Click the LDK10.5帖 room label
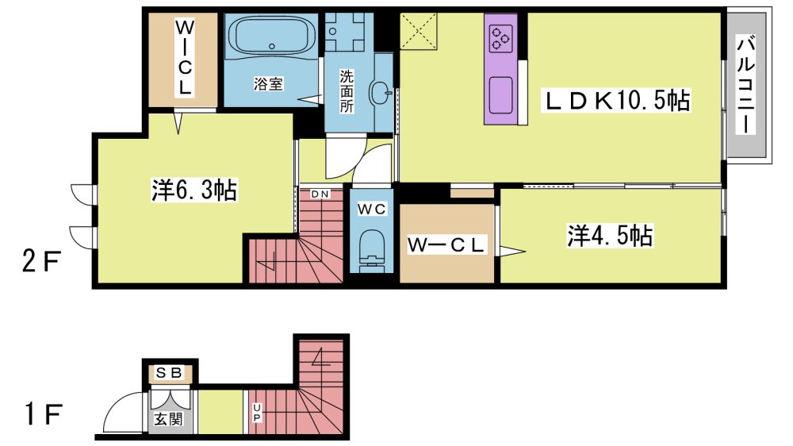(x=616, y=100)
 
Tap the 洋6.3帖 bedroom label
(x=194, y=190)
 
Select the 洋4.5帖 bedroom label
(x=609, y=236)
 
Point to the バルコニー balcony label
(x=745, y=85)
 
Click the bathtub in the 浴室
(x=271, y=36)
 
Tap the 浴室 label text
(x=268, y=83)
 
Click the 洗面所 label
(x=347, y=91)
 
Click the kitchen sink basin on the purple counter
(x=500, y=95)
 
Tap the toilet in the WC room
(x=372, y=249)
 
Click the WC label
(x=372, y=209)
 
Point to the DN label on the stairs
(x=320, y=194)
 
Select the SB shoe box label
(x=169, y=374)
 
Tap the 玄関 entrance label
(x=168, y=419)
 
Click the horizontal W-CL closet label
(x=446, y=245)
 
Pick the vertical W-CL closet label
(x=184, y=57)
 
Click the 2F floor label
(x=41, y=262)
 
